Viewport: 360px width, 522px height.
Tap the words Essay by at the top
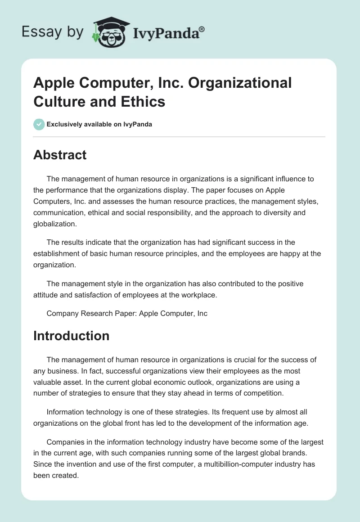click(53, 32)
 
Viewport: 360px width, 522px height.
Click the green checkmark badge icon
click(39, 124)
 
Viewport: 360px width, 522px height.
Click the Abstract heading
click(60, 155)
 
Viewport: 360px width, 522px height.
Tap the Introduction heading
click(71, 336)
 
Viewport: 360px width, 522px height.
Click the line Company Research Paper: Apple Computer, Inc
click(127, 313)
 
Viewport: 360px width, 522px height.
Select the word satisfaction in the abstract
click(95, 295)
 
